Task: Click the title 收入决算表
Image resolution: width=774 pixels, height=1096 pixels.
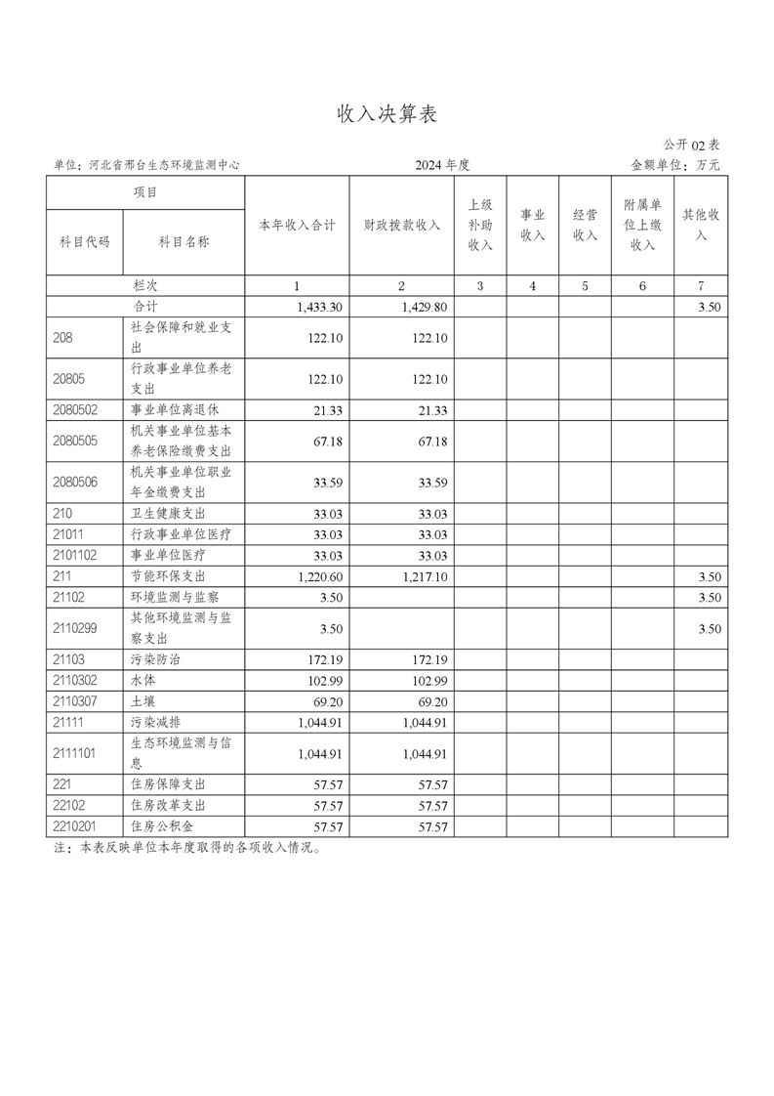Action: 387,114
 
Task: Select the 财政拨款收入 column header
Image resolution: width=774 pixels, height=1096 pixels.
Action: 401,225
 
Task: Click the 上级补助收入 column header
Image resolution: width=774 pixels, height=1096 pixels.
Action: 480,225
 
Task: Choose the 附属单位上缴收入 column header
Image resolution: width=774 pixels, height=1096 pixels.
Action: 641,225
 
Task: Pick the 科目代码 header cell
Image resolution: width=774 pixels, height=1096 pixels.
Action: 85,241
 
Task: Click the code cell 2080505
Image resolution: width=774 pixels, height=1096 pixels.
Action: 76,442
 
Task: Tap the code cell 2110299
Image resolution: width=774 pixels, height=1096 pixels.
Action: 76,629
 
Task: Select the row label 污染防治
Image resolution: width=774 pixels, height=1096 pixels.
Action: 155,660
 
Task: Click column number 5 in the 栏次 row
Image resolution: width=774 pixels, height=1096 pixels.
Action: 585,286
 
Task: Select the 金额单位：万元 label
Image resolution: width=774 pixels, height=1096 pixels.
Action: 675,166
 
